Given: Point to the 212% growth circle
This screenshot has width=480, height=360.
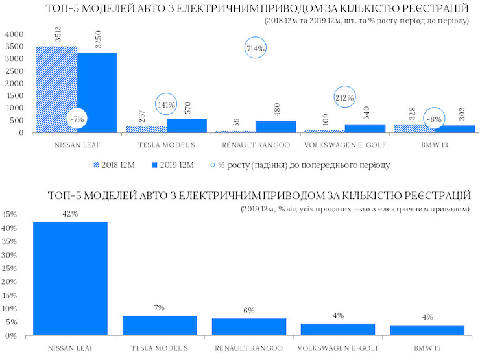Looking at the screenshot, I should click(344, 98).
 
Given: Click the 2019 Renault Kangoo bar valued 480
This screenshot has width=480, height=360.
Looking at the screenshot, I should click(275, 126).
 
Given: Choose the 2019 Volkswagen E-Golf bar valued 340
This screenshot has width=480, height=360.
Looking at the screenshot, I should click(365, 128).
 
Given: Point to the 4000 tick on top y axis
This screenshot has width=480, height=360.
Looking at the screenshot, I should click(14, 34).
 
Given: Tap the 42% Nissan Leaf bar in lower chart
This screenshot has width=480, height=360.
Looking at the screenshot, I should click(70, 278).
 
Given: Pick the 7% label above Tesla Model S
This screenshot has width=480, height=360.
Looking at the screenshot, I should click(160, 307).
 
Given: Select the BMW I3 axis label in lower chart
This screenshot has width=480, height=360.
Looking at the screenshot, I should click(428, 348).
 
